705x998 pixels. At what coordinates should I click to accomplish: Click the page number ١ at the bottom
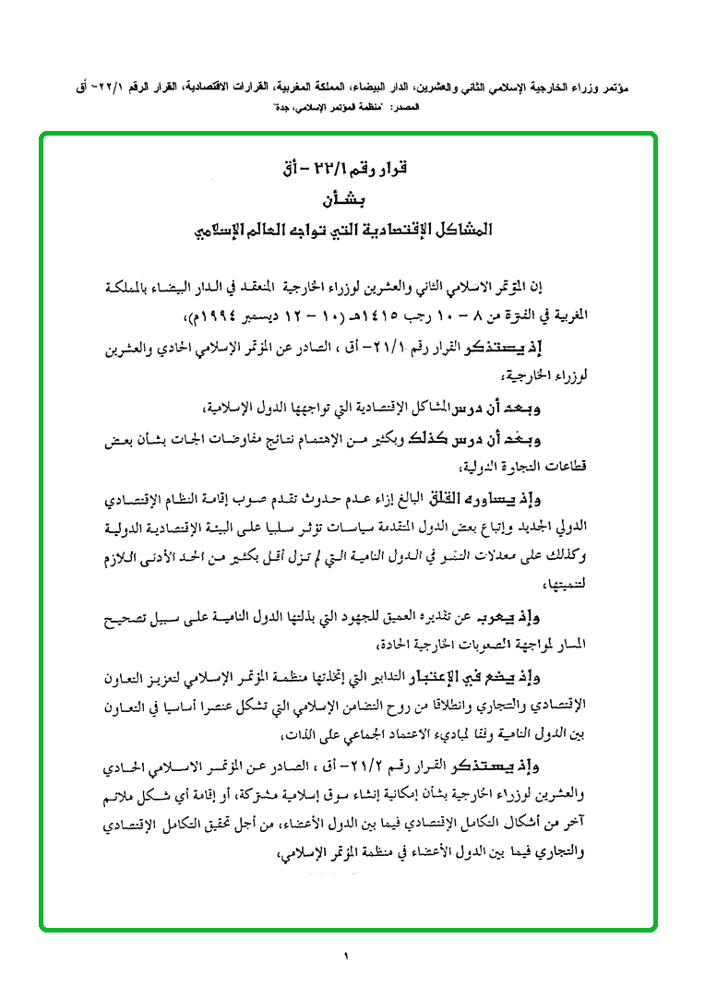[x=349, y=956]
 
